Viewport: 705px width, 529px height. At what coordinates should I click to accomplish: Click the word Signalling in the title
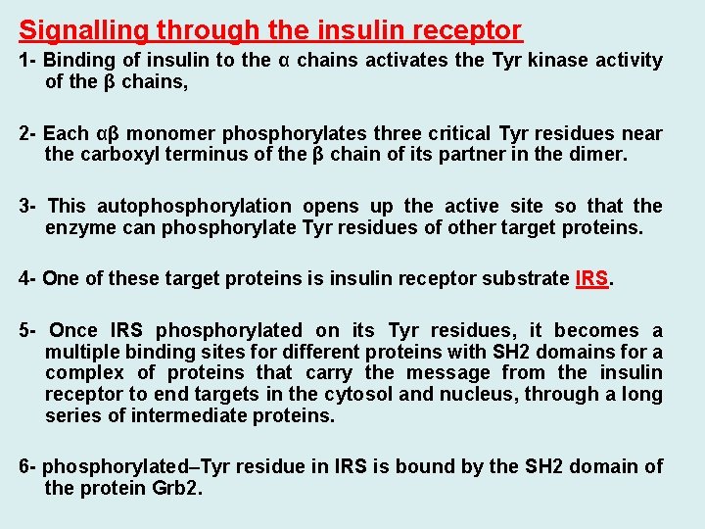tap(75, 30)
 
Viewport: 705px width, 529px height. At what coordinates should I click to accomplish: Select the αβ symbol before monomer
tap(110, 133)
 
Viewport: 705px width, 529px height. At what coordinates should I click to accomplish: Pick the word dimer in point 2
tap(600, 154)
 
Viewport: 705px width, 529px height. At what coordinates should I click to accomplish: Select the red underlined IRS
tap(591, 278)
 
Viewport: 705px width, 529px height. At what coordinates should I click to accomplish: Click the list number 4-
tap(27, 278)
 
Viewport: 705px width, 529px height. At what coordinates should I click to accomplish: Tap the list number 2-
tap(27, 133)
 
